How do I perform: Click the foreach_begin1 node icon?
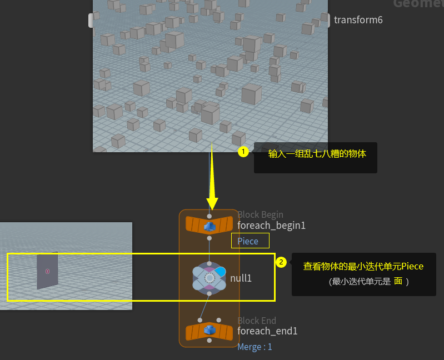pyautogui.click(x=209, y=226)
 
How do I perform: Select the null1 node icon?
pyautogui.click(x=209, y=277)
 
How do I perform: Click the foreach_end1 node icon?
pyautogui.click(x=209, y=331)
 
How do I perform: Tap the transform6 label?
pyautogui.click(x=358, y=20)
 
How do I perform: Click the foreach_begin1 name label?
pyautogui.click(x=271, y=226)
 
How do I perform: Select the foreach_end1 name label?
pyautogui.click(x=267, y=331)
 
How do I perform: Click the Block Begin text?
pyautogui.click(x=260, y=214)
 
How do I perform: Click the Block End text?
pyautogui.click(x=257, y=321)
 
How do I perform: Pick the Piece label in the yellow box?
pyautogui.click(x=248, y=241)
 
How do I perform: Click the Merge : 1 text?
pyautogui.click(x=255, y=347)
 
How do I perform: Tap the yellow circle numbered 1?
pyautogui.click(x=243, y=151)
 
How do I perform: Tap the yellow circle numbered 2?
pyautogui.click(x=281, y=262)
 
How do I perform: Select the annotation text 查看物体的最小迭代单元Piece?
pyautogui.click(x=363, y=267)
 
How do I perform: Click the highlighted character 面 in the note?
pyautogui.click(x=398, y=281)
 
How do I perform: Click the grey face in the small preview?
pyautogui.click(x=47, y=271)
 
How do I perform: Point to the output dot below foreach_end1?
pyautogui.click(x=209, y=341)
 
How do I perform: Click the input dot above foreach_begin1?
pyautogui.click(x=209, y=216)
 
